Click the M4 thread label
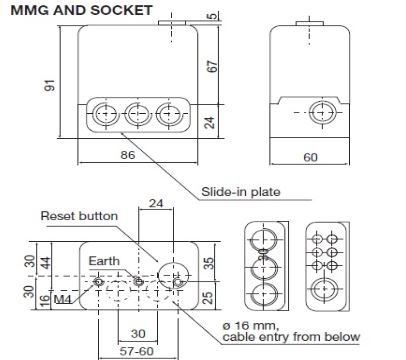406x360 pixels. (x=61, y=297)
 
